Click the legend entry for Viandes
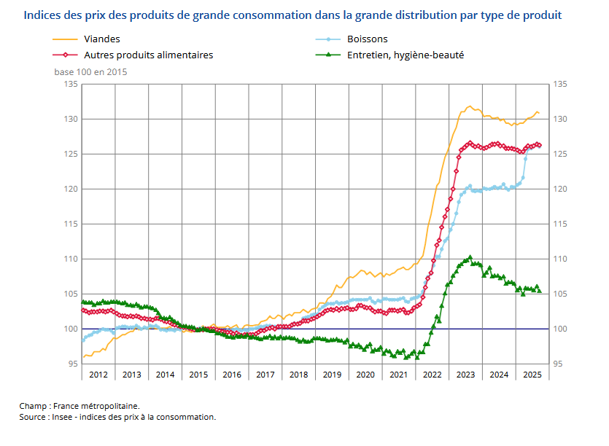tap(102, 39)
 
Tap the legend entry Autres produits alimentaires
tap(149, 55)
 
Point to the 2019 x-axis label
tap(332, 375)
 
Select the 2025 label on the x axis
tap(532, 375)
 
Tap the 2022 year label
tap(432, 375)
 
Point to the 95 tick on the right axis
tap(559, 364)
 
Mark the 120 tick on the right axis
tap(560, 189)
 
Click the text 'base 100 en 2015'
tap(90, 71)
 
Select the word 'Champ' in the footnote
tap(34, 405)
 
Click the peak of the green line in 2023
tap(470, 257)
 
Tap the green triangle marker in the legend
tap(329, 55)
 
